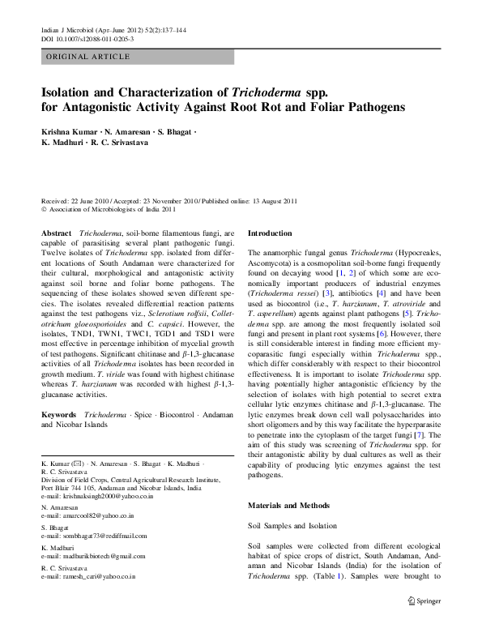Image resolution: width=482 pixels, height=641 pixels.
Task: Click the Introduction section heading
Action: tap(275, 233)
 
